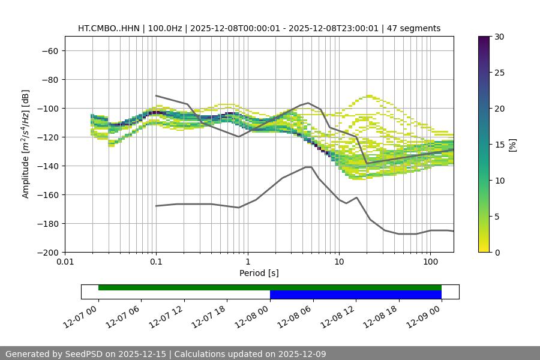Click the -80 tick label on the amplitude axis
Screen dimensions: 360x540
49,80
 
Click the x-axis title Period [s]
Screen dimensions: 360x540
259,273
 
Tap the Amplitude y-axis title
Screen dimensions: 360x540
26,145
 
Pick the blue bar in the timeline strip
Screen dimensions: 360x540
355,295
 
